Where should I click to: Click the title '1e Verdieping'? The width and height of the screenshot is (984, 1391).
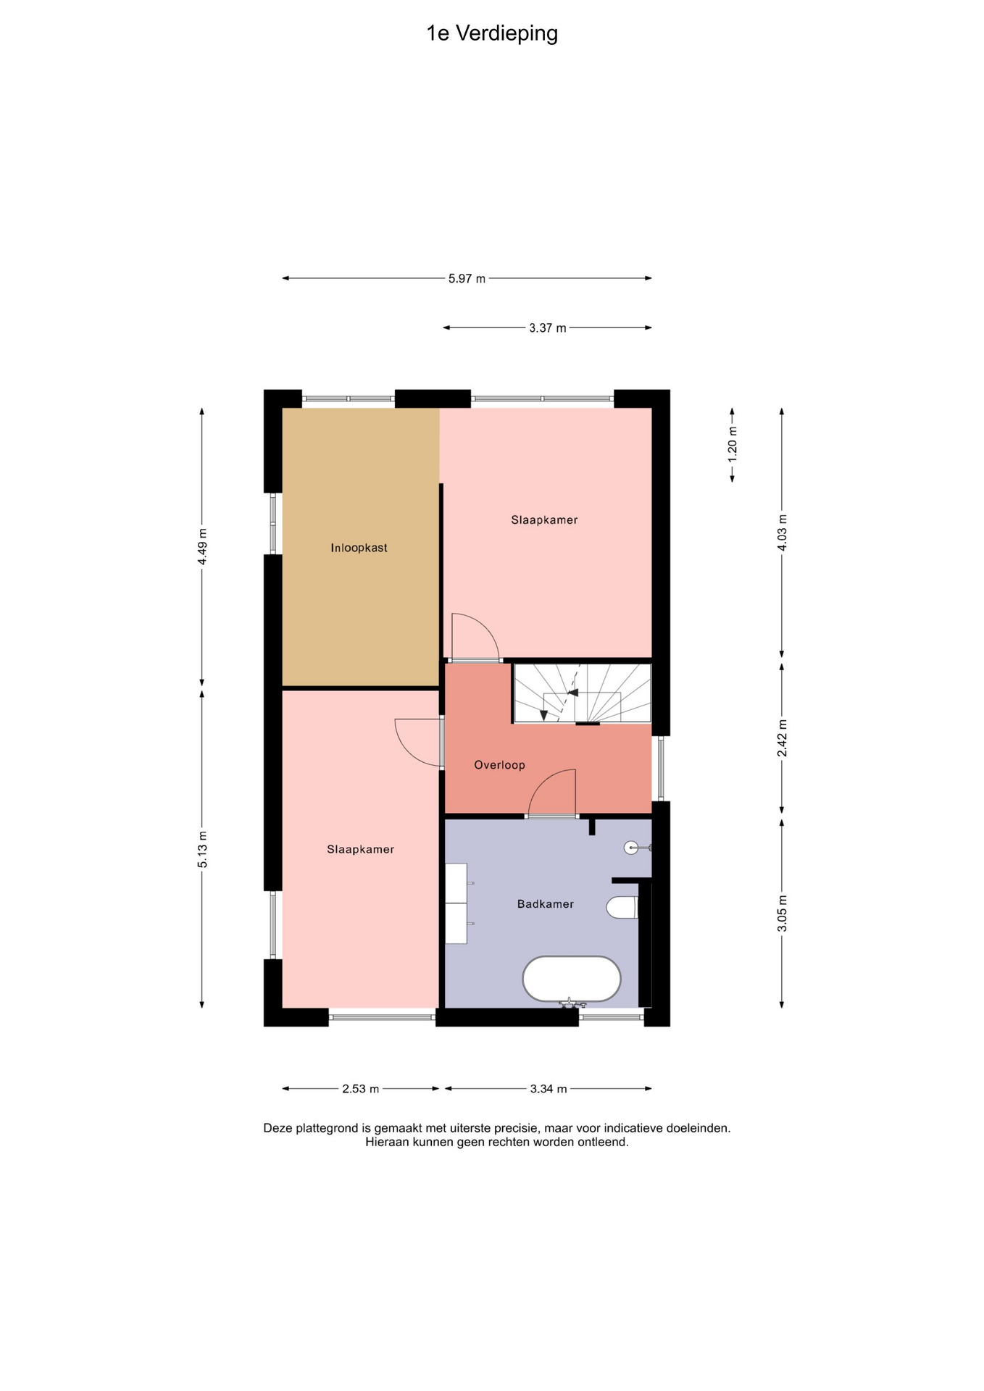click(492, 34)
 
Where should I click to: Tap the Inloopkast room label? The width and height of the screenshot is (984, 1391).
click(359, 548)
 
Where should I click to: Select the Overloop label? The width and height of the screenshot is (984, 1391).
click(499, 764)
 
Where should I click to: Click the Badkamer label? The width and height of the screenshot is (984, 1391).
click(546, 903)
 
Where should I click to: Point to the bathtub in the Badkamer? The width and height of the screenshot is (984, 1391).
click(572, 979)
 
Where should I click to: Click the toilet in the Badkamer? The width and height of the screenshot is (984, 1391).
click(622, 907)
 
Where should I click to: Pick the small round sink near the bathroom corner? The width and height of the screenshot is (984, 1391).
click(632, 847)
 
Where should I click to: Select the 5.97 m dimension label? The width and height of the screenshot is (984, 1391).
click(467, 278)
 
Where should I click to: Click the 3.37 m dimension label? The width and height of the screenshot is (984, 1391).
click(548, 327)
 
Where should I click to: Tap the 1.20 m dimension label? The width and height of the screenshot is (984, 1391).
click(733, 446)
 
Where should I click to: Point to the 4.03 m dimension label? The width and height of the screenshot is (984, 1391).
click(782, 532)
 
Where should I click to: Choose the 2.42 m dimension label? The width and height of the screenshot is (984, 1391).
click(782, 738)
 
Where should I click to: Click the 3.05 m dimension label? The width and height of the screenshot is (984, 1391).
click(782, 914)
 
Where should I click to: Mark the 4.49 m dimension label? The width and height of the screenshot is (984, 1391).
click(202, 547)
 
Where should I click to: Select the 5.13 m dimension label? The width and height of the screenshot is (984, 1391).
click(202, 849)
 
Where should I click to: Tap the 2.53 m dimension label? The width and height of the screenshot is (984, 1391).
click(361, 1088)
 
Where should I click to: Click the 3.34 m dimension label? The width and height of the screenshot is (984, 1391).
click(549, 1088)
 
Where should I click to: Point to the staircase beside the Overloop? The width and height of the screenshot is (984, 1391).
click(583, 693)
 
